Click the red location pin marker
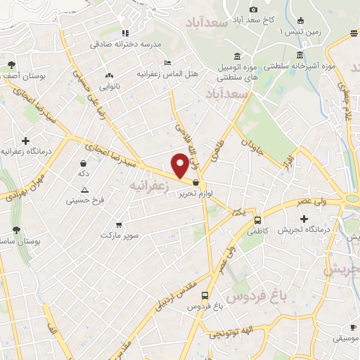coord(180,164)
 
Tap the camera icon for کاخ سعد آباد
coord(254,8)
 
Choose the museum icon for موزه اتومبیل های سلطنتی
coord(236,56)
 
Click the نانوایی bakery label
coord(109,87)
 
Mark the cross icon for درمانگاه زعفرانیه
coord(25,141)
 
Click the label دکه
coord(84,173)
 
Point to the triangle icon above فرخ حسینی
coord(85,189)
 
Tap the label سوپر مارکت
coord(120,234)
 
